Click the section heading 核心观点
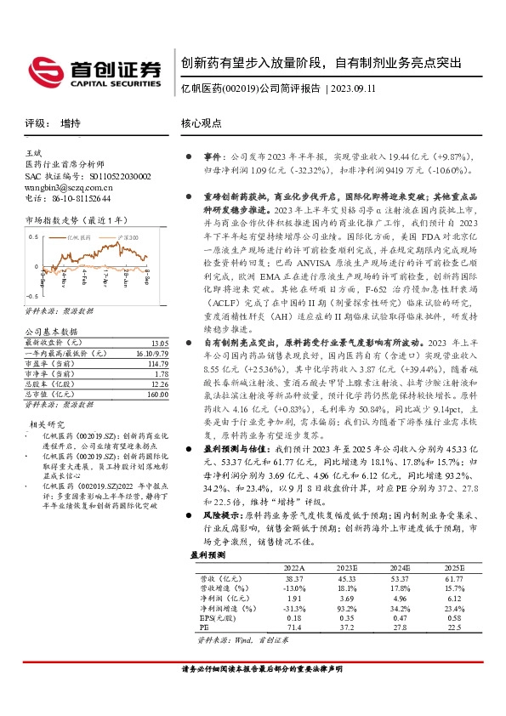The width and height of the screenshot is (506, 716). (200, 123)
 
